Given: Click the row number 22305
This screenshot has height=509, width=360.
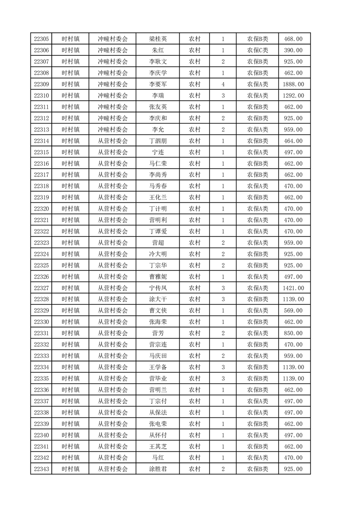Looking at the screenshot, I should (x=41, y=39).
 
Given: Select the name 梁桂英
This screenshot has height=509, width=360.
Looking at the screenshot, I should (x=158, y=39).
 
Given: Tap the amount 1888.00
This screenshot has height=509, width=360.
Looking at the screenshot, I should (x=293, y=84).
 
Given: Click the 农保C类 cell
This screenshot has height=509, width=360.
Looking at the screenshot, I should (x=257, y=50).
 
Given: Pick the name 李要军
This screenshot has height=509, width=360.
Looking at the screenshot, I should (x=158, y=84).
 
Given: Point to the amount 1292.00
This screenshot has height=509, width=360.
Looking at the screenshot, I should (x=293, y=96).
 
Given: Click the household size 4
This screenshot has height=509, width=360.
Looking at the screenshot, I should (x=223, y=84).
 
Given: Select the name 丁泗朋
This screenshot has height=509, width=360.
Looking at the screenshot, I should (x=158, y=141).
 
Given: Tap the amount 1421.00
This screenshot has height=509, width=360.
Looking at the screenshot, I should (x=293, y=288).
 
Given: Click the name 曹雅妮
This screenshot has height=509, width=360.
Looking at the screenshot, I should (x=158, y=277).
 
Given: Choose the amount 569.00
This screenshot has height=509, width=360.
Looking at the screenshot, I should (x=293, y=311).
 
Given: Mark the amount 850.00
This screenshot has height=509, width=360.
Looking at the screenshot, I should (x=293, y=333).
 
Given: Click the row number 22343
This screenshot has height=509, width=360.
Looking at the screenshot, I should (x=41, y=469).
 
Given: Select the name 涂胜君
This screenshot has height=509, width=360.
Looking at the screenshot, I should (x=158, y=469).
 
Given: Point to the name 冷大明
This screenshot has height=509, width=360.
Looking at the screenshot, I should (x=158, y=254).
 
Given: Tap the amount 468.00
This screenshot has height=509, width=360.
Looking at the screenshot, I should (x=293, y=39).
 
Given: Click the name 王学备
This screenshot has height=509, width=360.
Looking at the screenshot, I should (x=158, y=367).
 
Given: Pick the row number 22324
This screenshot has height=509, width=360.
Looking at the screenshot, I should (x=41, y=254).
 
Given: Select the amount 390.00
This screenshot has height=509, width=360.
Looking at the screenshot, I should (x=293, y=50).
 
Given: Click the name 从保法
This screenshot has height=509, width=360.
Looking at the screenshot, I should (x=158, y=412).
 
